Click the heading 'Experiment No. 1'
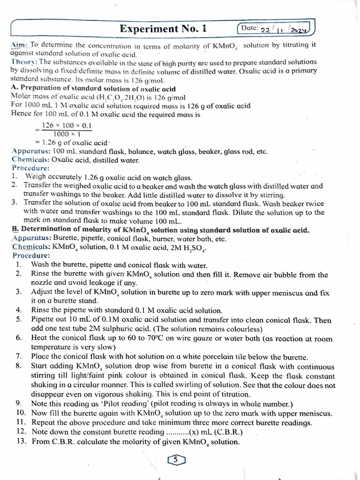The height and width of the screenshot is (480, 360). click(x=163, y=29)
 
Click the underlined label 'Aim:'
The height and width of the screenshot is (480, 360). click(x=19, y=45)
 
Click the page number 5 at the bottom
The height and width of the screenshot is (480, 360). click(x=176, y=460)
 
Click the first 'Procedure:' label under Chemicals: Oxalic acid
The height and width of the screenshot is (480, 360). click(x=30, y=168)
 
